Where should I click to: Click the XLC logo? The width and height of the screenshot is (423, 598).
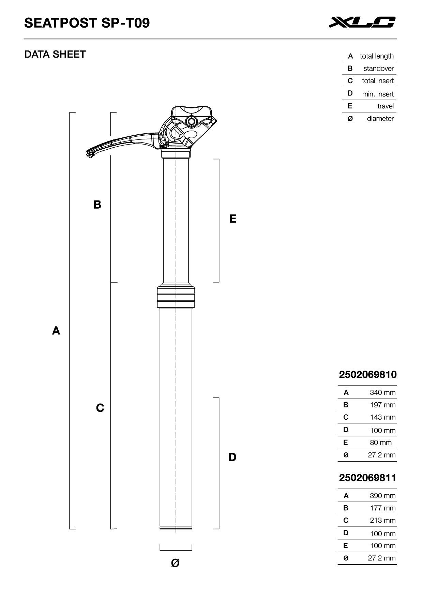[362, 22]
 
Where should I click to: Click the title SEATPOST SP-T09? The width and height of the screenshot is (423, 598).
[87, 23]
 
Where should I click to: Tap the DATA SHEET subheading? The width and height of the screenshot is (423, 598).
[55, 54]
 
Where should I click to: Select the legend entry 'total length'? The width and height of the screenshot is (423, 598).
[376, 56]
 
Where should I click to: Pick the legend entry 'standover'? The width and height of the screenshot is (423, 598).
[378, 69]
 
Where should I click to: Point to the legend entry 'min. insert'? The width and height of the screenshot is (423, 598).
[378, 94]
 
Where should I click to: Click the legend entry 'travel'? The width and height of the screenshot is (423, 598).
[385, 106]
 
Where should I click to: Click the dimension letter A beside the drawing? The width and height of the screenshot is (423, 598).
[56, 331]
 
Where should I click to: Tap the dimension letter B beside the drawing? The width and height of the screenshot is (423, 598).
[97, 205]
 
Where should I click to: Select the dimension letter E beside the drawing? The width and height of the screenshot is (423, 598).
[233, 219]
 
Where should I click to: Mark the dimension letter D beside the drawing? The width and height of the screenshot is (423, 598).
[232, 457]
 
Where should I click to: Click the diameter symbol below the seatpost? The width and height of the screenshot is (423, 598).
[175, 563]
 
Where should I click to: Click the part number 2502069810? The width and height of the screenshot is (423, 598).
[368, 375]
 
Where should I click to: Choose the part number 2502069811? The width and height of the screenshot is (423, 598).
[368, 478]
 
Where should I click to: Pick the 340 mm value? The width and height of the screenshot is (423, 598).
[382, 393]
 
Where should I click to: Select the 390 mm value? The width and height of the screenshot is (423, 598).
[382, 496]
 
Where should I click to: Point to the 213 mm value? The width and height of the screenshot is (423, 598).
[382, 520]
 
